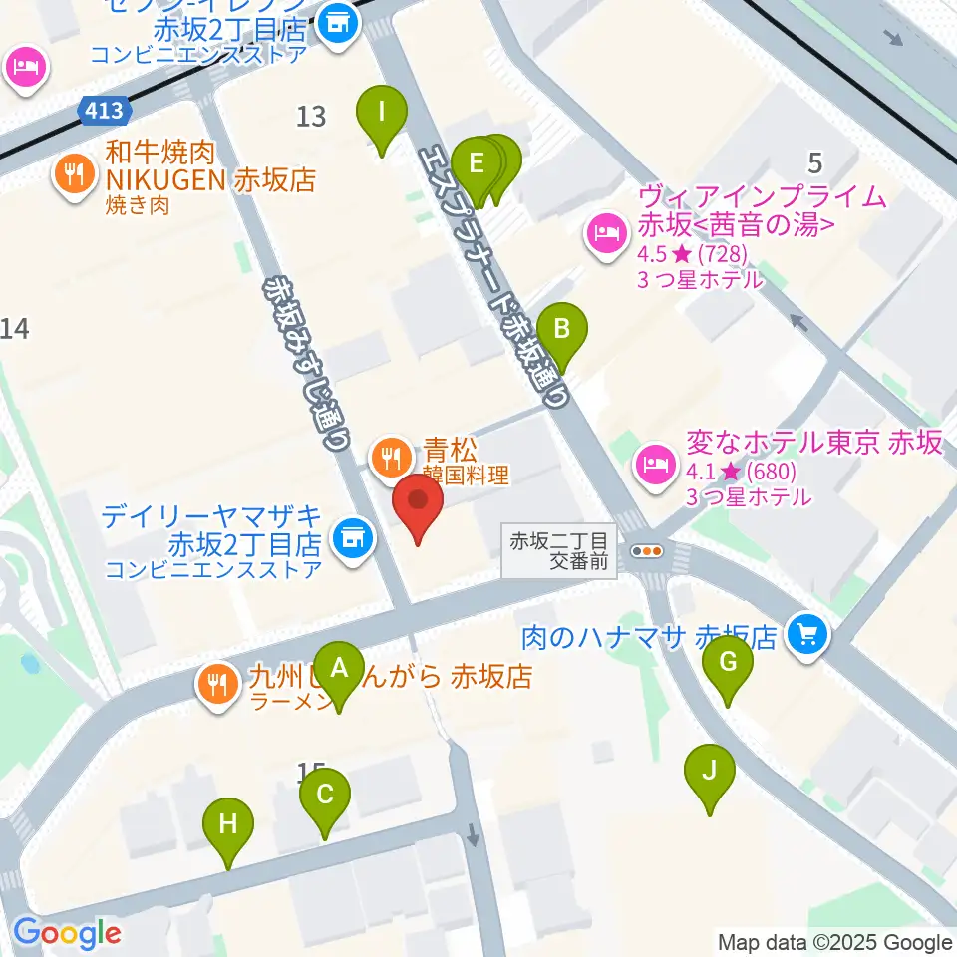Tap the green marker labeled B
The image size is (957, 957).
pos(562,328)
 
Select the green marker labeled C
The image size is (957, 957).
pos(325,795)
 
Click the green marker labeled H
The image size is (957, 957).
pos(228,824)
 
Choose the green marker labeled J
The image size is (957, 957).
pos(710,771)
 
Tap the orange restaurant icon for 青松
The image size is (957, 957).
pos(388,458)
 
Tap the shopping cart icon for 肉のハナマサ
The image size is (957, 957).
pos(805,634)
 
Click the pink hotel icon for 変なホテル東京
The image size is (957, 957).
pos(655,462)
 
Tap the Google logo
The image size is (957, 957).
pos(67,934)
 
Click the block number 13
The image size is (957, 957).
pos(311,117)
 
